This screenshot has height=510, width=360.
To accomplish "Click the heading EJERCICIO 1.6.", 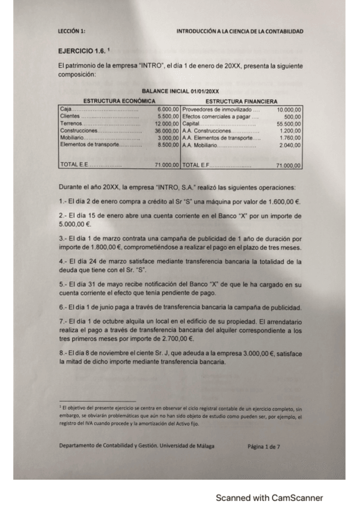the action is click(79, 52).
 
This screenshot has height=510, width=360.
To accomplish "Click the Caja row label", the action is click(65, 108).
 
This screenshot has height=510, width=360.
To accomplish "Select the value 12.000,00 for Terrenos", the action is click(166, 123).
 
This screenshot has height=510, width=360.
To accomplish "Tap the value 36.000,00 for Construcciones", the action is click(166, 130).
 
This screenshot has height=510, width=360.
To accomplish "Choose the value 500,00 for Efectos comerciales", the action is click(292, 116).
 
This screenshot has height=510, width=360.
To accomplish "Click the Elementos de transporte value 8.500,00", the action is click(168, 144).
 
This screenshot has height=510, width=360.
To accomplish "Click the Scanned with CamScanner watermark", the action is click(269, 497).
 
